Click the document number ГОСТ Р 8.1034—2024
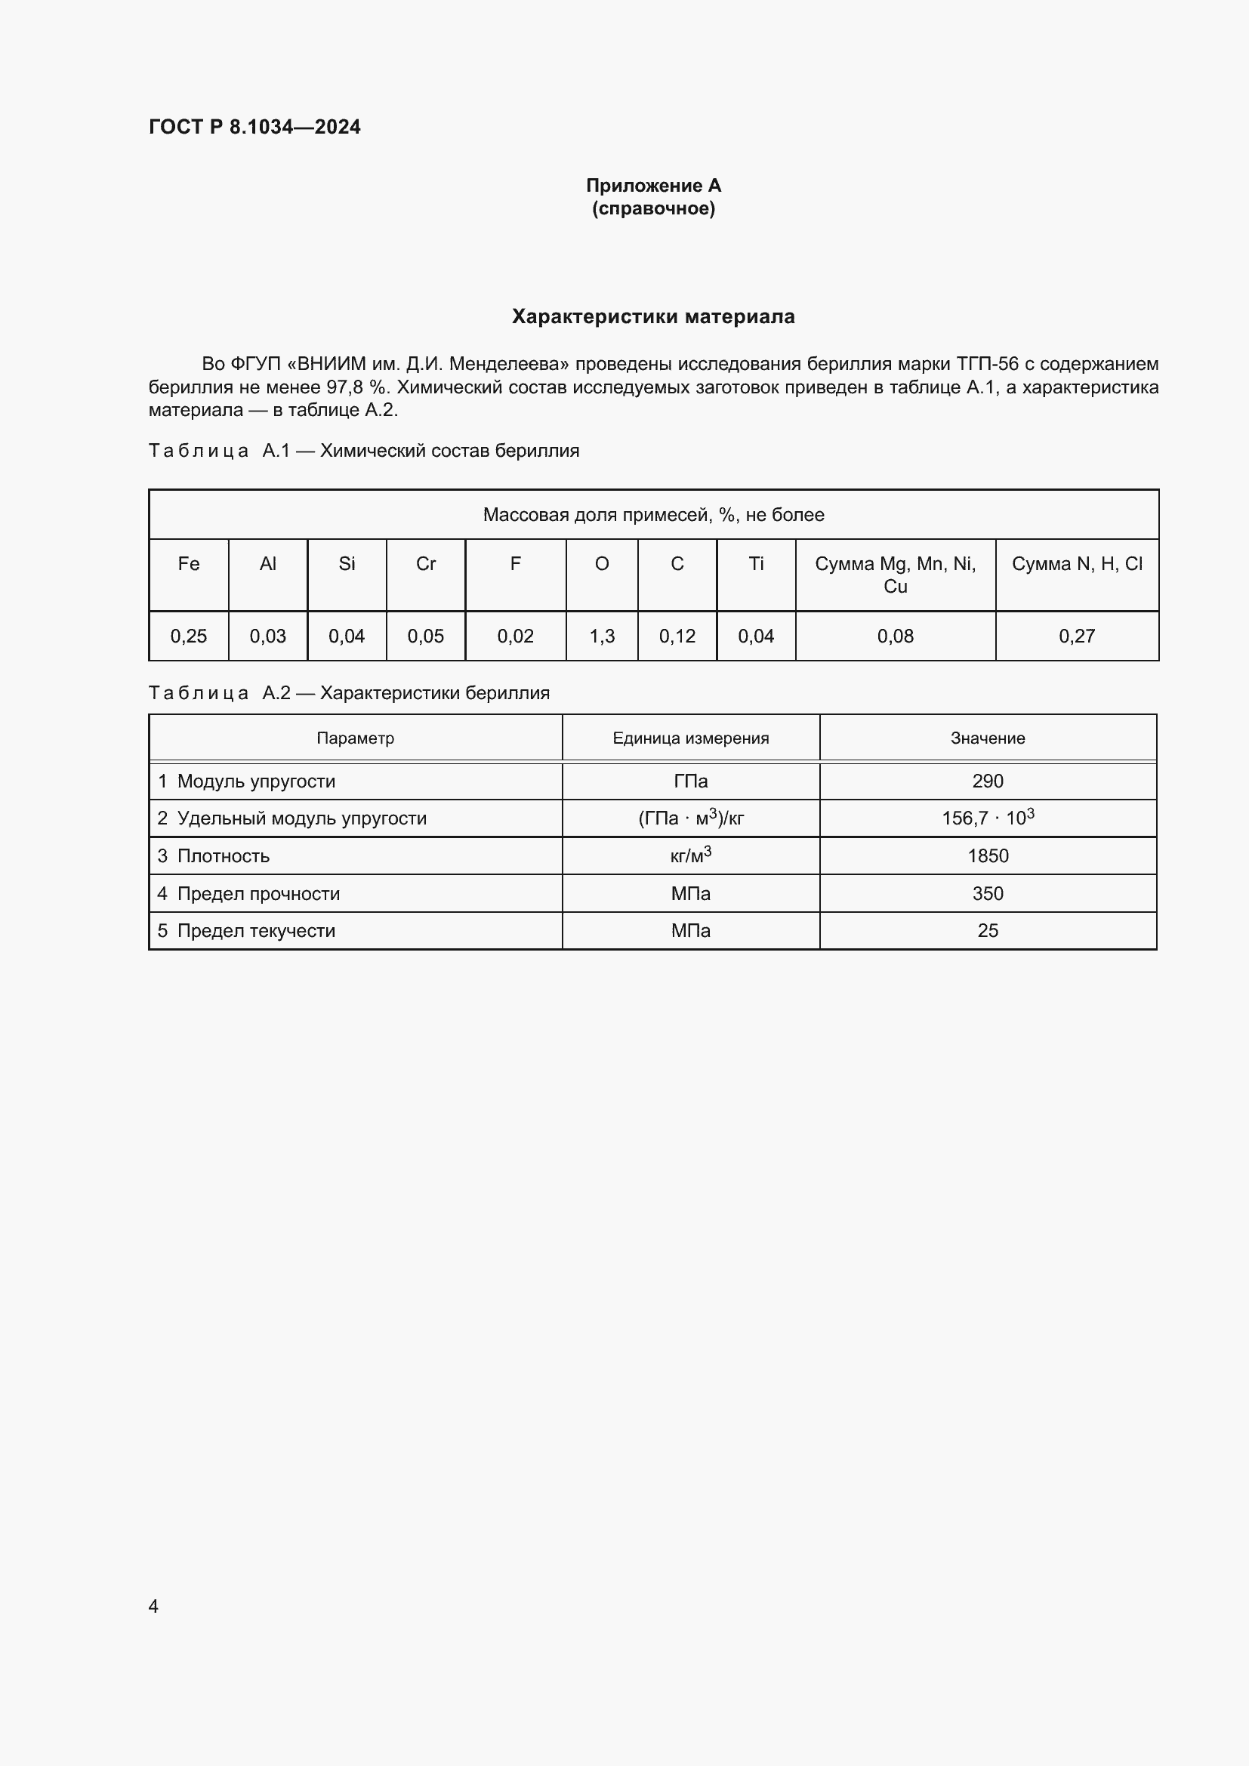pos(254,127)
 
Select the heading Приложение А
pos(653,186)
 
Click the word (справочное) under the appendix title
pos(653,208)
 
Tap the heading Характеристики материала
pos(653,316)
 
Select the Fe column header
pos(189,564)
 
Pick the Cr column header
pos(425,564)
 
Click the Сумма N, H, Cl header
pos(1077,564)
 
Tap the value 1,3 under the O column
pos(601,636)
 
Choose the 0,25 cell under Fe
pos(189,636)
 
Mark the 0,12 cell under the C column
pos(677,636)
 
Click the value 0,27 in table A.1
pos(1077,636)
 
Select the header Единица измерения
pos(691,738)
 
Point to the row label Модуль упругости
pos(256,781)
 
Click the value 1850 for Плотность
pos(988,856)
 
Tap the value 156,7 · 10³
pos(988,818)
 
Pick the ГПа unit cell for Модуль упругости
pos(691,781)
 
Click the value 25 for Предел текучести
pos(988,931)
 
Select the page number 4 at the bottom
pos(154,1606)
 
